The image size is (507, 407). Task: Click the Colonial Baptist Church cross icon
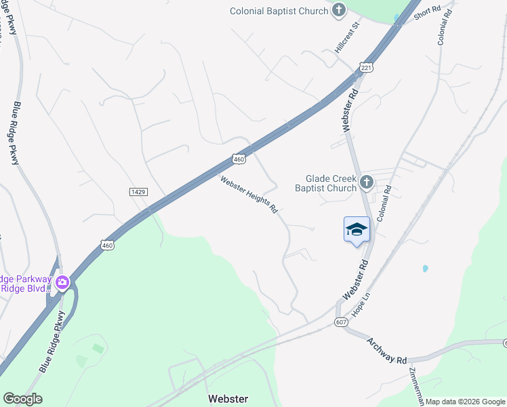(339, 10)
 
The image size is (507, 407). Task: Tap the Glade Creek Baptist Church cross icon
(366, 182)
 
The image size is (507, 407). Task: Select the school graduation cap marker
(357, 229)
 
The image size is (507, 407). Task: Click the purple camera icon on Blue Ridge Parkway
(62, 282)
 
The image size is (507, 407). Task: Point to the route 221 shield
(367, 68)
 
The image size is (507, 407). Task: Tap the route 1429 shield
(139, 193)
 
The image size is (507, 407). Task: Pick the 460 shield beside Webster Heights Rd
(239, 159)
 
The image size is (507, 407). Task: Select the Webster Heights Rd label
(249, 195)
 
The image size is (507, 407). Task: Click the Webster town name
(228, 399)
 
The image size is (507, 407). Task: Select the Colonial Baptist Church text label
(279, 11)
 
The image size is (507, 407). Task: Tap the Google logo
(22, 399)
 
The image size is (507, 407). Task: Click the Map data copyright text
(464, 402)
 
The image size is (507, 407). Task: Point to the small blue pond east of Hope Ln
(425, 269)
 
